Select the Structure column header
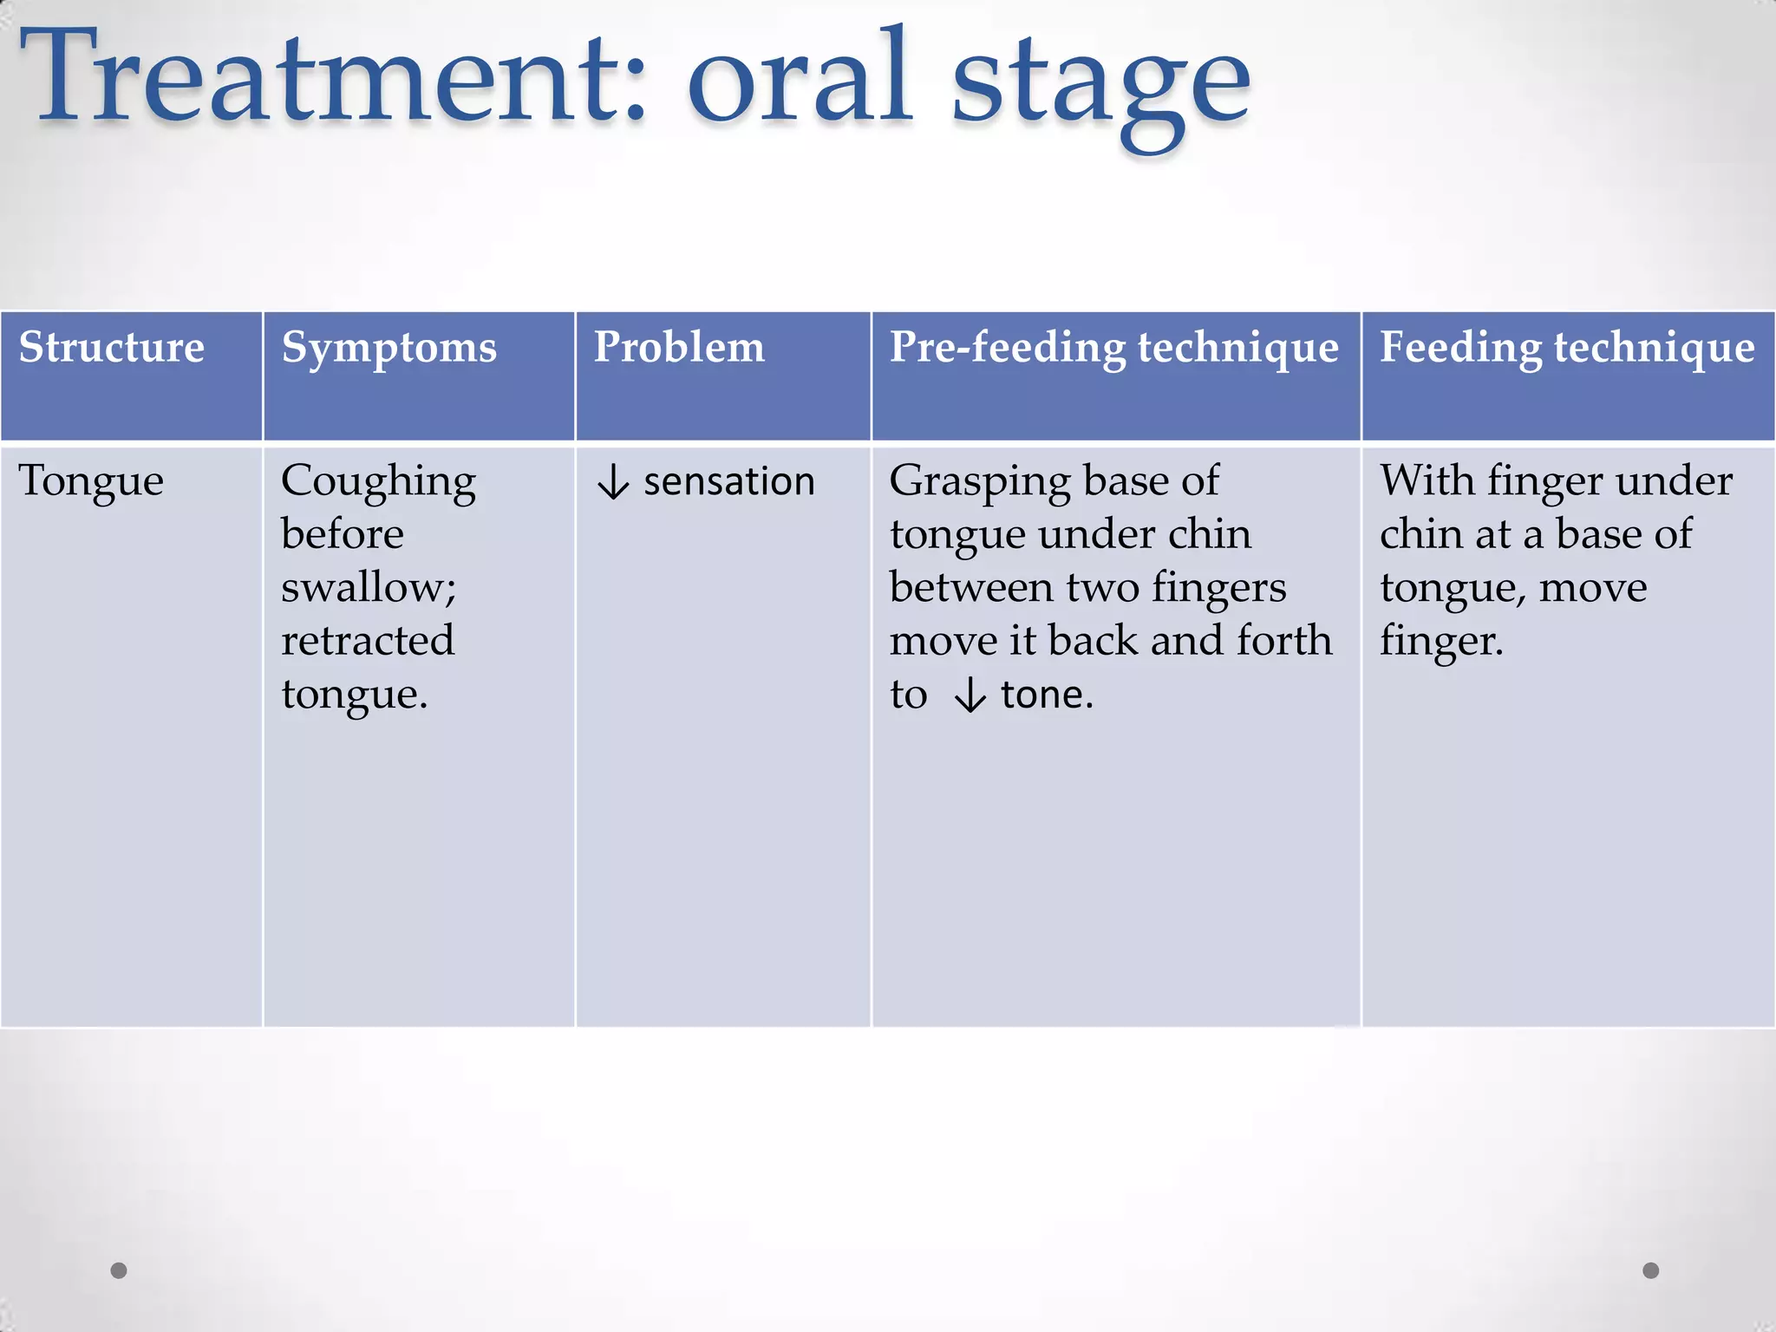[112, 347]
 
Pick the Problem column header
[679, 347]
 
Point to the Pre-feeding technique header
[1113, 347]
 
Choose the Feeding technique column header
[1566, 347]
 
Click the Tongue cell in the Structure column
[91, 482]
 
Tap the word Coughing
[378, 482]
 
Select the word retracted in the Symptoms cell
[367, 641]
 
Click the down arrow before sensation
[613, 482]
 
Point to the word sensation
[728, 482]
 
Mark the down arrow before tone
[970, 695]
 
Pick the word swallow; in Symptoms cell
[369, 588]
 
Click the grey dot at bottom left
[119, 1270]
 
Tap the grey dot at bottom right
[1650, 1270]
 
